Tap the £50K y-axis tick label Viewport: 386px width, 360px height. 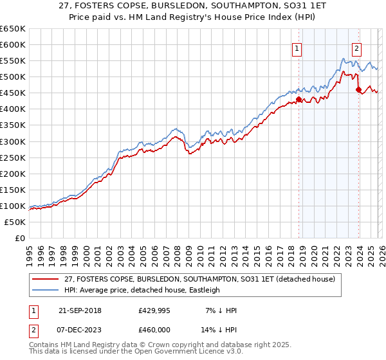15,222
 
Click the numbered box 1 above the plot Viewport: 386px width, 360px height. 297,48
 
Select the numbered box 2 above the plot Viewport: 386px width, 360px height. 356,48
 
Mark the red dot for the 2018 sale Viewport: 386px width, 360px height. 299,100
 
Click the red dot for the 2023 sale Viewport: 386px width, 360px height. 358,90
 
